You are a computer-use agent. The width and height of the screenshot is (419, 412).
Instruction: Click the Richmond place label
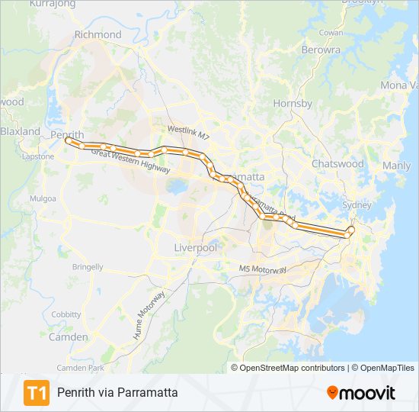(98, 34)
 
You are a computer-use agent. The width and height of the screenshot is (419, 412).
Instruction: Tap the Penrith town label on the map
(66, 134)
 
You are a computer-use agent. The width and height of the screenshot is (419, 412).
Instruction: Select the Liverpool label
(196, 248)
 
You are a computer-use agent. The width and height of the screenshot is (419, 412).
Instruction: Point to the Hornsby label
(293, 103)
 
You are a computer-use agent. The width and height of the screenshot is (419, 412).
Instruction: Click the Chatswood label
(337, 163)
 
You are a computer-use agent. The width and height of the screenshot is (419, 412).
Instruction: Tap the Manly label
(396, 166)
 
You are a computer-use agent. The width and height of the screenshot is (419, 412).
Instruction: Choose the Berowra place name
(321, 50)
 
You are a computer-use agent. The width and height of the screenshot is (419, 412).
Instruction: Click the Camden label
(68, 336)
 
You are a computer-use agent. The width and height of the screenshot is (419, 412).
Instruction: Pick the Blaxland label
(21, 131)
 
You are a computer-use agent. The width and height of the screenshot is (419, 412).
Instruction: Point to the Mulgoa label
(43, 198)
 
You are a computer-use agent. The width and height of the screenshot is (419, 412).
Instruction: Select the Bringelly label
(88, 267)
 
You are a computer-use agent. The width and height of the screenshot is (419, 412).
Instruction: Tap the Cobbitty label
(66, 314)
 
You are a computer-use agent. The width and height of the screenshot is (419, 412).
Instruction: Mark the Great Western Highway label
(130, 163)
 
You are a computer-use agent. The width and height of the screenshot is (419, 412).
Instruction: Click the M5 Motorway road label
(262, 269)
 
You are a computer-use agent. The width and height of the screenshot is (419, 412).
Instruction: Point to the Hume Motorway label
(150, 315)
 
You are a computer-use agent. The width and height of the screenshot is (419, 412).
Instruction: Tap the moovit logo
(361, 393)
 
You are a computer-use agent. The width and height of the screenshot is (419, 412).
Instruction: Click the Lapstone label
(38, 156)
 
